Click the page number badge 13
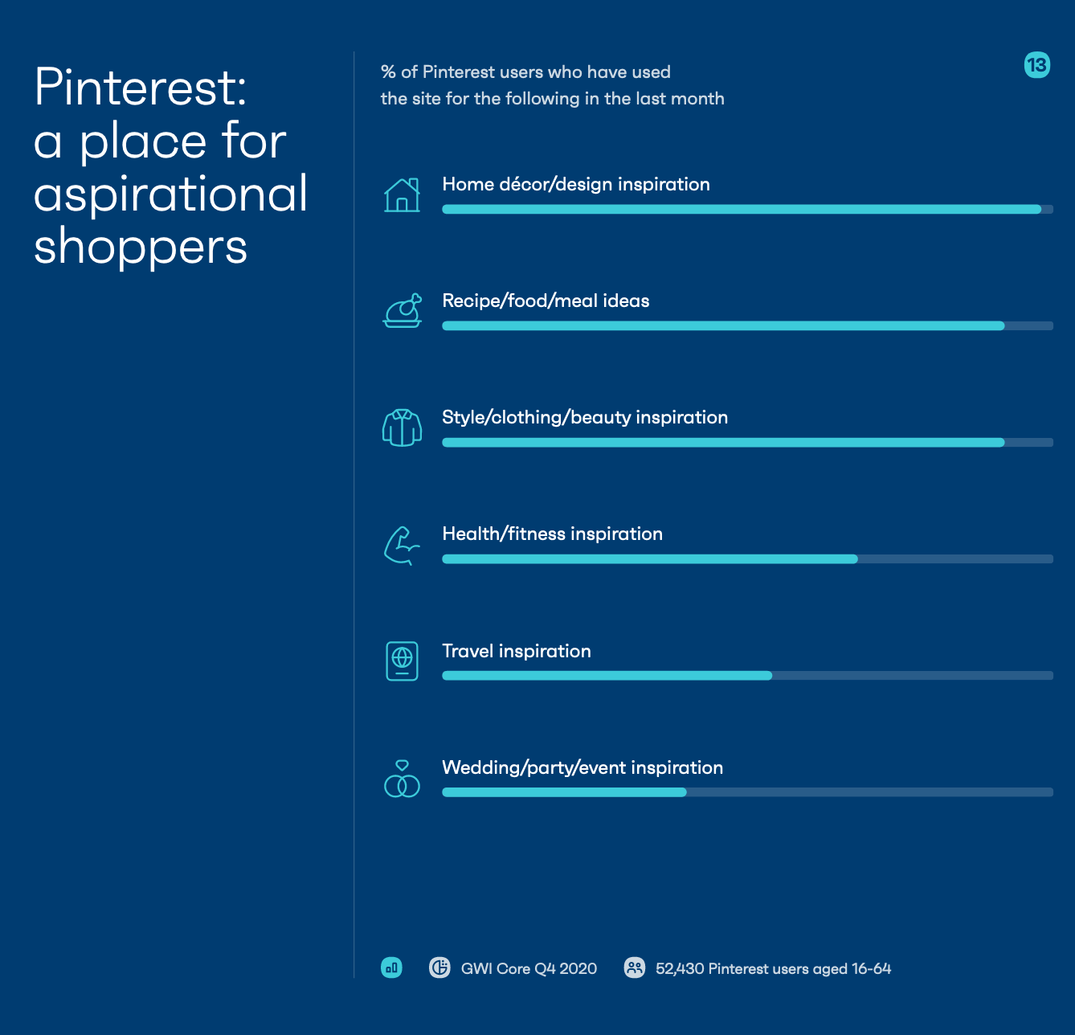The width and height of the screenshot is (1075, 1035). pyautogui.click(x=1037, y=65)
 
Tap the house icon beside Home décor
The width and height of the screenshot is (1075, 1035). pyautogui.click(x=402, y=195)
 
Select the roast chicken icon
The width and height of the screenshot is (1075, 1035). pyautogui.click(x=403, y=310)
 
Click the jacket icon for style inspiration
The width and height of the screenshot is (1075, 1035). pyautogui.click(x=403, y=427)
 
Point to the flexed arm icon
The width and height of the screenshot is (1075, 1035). pyautogui.click(x=402, y=546)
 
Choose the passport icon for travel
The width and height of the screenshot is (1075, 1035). pyautogui.click(x=403, y=661)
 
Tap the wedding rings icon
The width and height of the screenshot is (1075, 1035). pyautogui.click(x=403, y=779)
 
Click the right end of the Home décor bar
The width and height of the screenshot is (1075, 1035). pyautogui.click(x=1040, y=210)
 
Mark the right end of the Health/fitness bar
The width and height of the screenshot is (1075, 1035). pyautogui.click(x=857, y=559)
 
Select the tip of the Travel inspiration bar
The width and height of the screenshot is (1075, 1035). pyautogui.click(x=772, y=676)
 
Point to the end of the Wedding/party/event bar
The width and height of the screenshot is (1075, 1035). pyautogui.click(x=686, y=792)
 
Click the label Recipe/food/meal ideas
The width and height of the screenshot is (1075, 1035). pyautogui.click(x=546, y=301)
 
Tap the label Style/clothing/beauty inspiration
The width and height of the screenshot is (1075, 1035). pyautogui.click(x=585, y=418)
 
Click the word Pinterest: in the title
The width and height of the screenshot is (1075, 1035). pyautogui.click(x=141, y=88)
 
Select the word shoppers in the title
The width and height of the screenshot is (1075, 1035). pyautogui.click(x=141, y=247)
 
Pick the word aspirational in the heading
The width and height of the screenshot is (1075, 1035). pyautogui.click(x=170, y=194)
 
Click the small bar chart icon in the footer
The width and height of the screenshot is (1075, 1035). pyautogui.click(x=391, y=967)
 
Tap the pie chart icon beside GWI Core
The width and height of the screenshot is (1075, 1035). pyautogui.click(x=439, y=967)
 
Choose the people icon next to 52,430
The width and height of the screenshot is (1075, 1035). pyautogui.click(x=635, y=967)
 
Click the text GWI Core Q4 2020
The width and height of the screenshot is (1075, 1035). pyautogui.click(x=529, y=968)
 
